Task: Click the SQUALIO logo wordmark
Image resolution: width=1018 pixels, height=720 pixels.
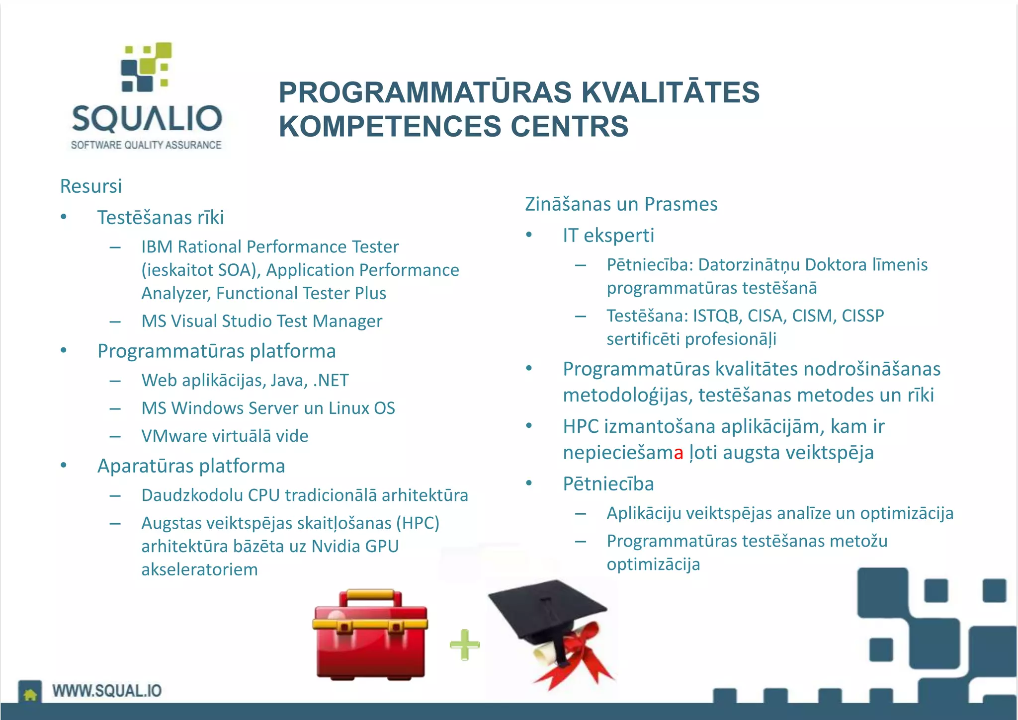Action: coord(147,118)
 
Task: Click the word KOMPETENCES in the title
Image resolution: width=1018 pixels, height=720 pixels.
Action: coord(391,126)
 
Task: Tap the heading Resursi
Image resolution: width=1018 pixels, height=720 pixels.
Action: coord(91,186)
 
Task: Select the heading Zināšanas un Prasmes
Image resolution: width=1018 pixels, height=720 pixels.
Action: coord(621,204)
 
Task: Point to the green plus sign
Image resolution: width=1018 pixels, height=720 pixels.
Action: coord(464,644)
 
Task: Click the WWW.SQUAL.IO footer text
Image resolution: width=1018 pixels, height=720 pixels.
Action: coord(107,691)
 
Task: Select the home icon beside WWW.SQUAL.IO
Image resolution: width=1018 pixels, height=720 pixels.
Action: coord(30,694)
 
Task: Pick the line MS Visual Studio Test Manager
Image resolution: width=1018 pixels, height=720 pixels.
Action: coord(261,321)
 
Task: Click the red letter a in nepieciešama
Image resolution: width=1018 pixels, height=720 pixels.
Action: coord(679,453)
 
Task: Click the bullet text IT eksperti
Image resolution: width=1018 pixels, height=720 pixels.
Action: coord(608,235)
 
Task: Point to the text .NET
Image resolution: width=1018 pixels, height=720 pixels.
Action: coord(331,380)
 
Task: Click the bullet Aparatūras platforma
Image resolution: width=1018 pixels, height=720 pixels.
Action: coord(191,466)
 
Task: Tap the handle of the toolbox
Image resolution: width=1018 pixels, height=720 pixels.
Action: coord(370,595)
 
